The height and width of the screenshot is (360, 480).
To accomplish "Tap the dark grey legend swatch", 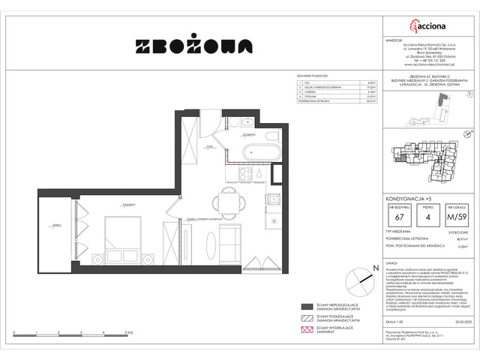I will [x=306, y=307].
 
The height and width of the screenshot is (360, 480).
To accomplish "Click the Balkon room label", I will [x=55, y=224].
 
